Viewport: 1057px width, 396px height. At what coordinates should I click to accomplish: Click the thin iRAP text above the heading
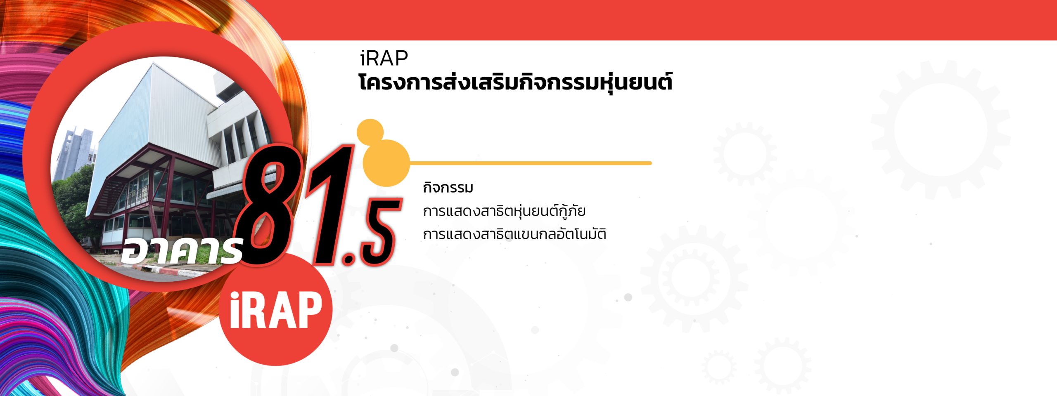click(x=384, y=58)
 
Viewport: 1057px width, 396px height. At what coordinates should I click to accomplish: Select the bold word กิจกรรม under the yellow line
click(x=448, y=188)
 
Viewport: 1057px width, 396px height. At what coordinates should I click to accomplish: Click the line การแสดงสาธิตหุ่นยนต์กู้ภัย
click(x=504, y=211)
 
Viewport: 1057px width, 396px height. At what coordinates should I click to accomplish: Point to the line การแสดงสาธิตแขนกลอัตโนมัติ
click(x=514, y=234)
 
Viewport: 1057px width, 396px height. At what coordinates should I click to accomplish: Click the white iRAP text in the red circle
click(x=275, y=310)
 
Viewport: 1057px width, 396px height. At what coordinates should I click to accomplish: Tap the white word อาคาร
click(x=181, y=250)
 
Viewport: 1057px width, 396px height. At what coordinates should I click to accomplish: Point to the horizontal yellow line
click(x=530, y=163)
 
